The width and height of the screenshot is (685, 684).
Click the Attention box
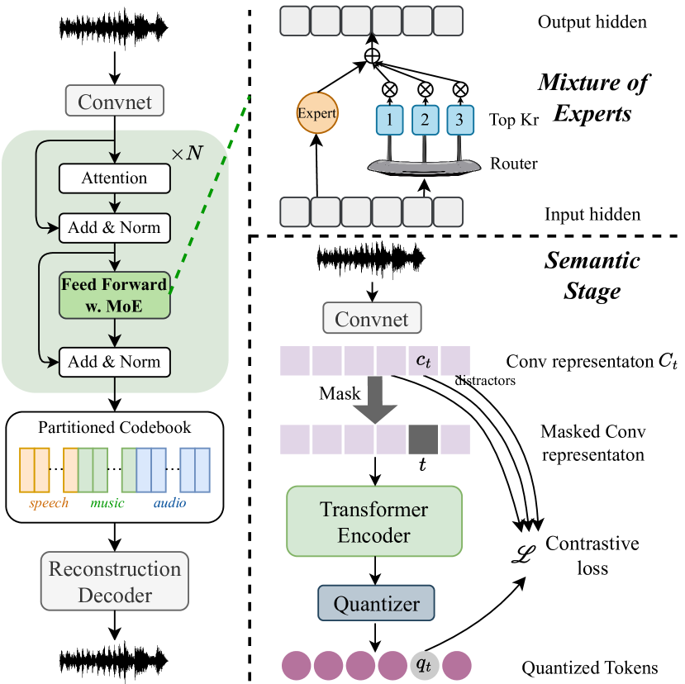click(x=114, y=178)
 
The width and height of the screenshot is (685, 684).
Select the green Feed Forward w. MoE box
click(x=114, y=295)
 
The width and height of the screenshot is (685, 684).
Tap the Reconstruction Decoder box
click(x=114, y=582)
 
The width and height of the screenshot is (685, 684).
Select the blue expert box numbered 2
click(x=425, y=120)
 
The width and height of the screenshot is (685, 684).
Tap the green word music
click(x=107, y=502)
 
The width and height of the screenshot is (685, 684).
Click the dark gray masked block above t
click(x=423, y=438)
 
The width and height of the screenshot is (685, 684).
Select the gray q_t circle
click(x=423, y=664)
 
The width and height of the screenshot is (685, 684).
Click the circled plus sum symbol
click(x=372, y=56)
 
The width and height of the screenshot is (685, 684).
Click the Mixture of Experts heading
click(x=593, y=97)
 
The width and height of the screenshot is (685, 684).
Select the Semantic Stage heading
click(x=592, y=276)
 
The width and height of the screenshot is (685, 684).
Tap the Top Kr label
click(x=514, y=119)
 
